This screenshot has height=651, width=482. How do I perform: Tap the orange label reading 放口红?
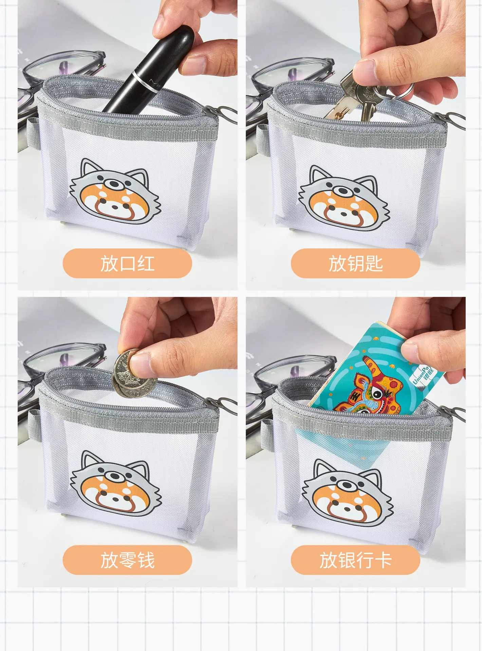pos(127,263)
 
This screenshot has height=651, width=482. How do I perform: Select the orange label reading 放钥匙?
pos(355,263)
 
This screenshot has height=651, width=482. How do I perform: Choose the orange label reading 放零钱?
pos(127,560)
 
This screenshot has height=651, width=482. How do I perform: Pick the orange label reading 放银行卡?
pos(355,560)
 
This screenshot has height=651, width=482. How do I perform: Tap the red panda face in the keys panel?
pos(344,198)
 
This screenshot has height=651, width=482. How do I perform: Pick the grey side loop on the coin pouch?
pos(34,426)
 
